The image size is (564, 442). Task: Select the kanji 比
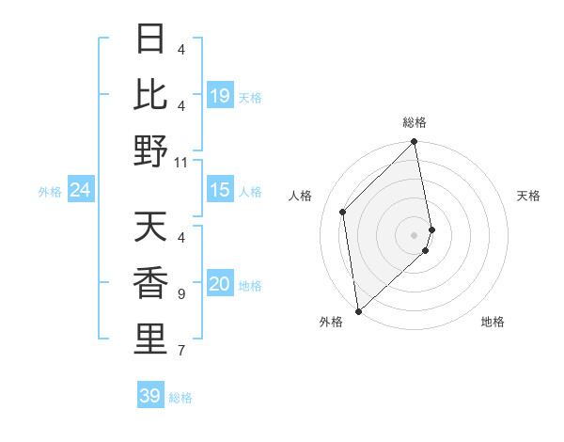[x=150, y=93]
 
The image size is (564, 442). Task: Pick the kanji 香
[x=150, y=283]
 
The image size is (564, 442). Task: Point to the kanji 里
[x=150, y=339]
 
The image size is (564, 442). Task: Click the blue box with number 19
[x=220, y=96]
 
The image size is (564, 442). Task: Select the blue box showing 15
[x=220, y=190]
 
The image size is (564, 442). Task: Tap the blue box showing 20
[x=220, y=285]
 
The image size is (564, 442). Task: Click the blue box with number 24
[x=81, y=191]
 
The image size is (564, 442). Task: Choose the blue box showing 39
[x=150, y=396]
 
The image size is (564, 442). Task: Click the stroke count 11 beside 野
[x=181, y=162]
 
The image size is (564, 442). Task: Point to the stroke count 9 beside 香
[x=181, y=294]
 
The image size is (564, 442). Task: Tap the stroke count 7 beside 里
[x=181, y=351]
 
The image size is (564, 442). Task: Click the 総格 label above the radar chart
[x=415, y=123]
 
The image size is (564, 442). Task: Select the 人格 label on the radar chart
[x=301, y=196]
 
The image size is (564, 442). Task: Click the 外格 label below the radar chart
[x=330, y=323]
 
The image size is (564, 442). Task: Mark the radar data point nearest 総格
[x=415, y=143]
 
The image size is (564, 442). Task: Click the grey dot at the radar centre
[x=415, y=235]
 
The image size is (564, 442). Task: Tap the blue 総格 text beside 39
[x=181, y=398]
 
